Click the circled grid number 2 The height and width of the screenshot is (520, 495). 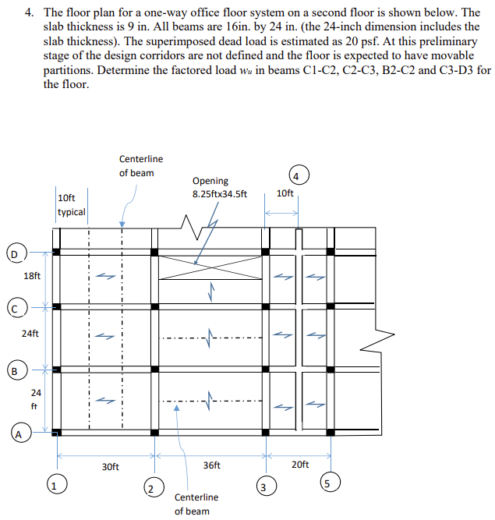coord(153,489)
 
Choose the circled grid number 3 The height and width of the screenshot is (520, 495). coord(264,489)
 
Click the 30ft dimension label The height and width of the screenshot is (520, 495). coord(110,467)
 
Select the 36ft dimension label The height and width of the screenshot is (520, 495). coord(211,465)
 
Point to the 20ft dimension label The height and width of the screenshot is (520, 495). coord(300,465)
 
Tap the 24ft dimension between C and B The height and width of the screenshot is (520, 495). coord(29,334)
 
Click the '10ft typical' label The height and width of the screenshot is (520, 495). coord(71,205)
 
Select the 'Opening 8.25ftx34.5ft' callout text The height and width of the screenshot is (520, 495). coord(220,187)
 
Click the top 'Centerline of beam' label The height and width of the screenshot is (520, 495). coord(141,166)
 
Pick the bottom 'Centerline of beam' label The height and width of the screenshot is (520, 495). coord(196,504)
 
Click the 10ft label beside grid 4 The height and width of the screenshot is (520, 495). coord(285,193)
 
